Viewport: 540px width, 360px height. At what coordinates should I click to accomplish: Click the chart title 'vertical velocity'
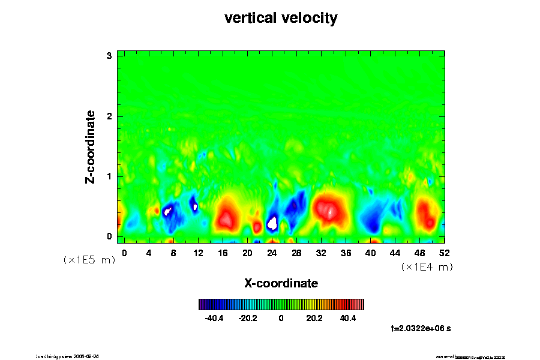281,18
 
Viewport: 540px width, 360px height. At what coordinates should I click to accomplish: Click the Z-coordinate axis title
91,147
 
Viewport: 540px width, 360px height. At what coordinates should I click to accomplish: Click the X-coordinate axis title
281,283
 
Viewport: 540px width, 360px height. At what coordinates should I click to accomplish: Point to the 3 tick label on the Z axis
109,56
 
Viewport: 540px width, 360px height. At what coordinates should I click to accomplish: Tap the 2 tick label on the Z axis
109,116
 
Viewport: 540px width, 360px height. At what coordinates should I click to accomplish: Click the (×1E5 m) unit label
89,260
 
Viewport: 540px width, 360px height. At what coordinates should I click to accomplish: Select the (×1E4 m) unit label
427,267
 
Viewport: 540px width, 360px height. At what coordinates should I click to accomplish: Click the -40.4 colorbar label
214,319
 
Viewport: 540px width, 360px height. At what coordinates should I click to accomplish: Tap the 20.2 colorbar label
314,319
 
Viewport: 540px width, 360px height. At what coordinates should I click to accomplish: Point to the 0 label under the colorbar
281,319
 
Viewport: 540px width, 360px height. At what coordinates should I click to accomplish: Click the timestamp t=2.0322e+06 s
425,328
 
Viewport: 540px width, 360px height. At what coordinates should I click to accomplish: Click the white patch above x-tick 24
272,223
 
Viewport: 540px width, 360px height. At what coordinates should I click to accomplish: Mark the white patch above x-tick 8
168,211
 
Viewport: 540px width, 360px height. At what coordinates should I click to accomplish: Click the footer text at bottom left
67,356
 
